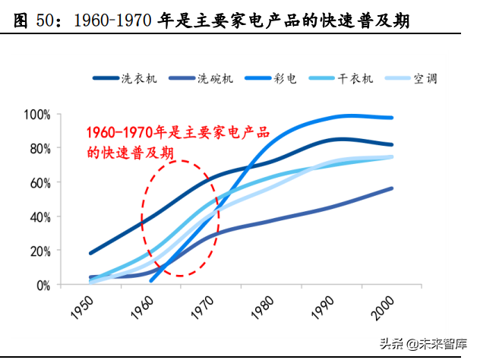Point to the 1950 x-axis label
81,308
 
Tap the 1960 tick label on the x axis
142,308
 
